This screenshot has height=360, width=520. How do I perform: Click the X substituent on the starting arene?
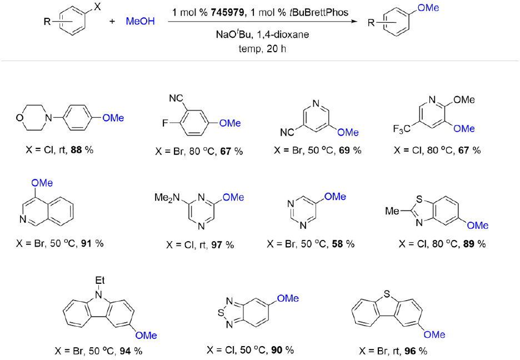pos(97,8)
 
